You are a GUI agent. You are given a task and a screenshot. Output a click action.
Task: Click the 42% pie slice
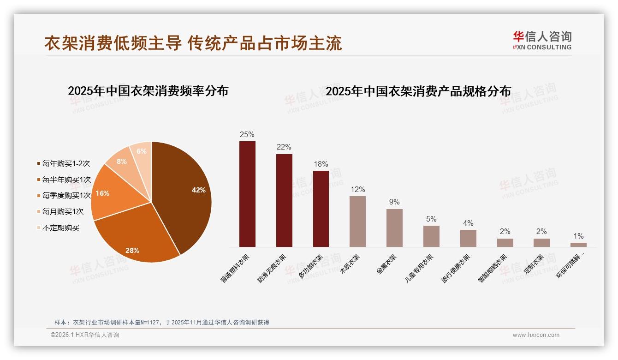[x=184, y=194]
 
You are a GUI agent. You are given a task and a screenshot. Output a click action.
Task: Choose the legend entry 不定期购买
[x=60, y=228]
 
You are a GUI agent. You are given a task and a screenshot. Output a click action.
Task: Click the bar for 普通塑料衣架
[x=247, y=194]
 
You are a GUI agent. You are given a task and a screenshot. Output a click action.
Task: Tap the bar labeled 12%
[x=357, y=222]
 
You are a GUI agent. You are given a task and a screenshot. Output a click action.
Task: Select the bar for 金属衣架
[x=394, y=228]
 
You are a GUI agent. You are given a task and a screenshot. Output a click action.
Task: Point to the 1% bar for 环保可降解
[x=578, y=245]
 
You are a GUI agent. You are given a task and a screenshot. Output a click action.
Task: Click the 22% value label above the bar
[x=284, y=147]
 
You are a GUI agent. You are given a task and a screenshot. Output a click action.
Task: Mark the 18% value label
[x=321, y=164]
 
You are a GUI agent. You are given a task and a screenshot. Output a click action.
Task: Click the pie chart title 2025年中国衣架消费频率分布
[x=148, y=90]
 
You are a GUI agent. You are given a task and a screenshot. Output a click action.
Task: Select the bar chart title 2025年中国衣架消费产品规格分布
[x=418, y=91]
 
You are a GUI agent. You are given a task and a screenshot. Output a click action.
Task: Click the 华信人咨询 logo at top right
[x=542, y=40]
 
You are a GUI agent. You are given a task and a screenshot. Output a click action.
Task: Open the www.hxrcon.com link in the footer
[x=536, y=335]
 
